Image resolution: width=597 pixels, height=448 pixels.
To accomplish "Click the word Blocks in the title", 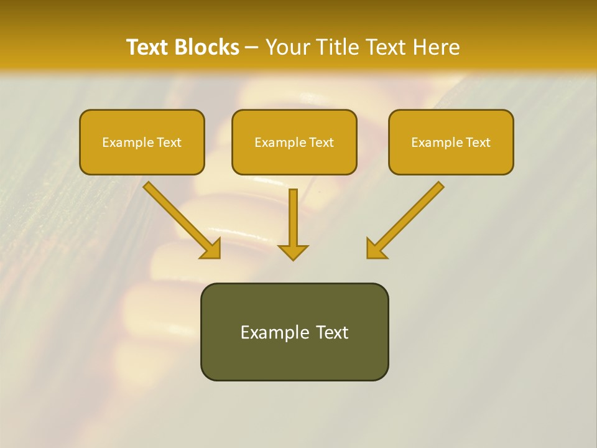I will (x=207, y=47).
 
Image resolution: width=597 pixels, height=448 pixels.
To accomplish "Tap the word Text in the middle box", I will (x=322, y=142).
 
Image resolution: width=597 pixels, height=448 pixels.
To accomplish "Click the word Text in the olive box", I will (x=331, y=332).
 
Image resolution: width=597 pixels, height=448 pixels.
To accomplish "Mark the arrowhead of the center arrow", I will (x=293, y=252).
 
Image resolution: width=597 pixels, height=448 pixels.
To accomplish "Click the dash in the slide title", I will (x=252, y=47).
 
